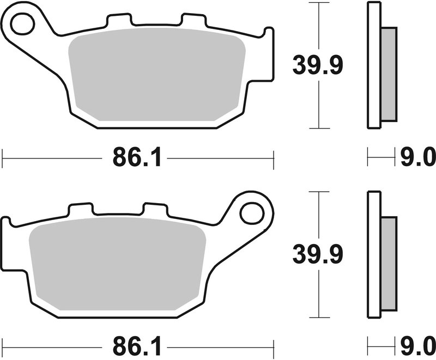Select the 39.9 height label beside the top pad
coord(317,66)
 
